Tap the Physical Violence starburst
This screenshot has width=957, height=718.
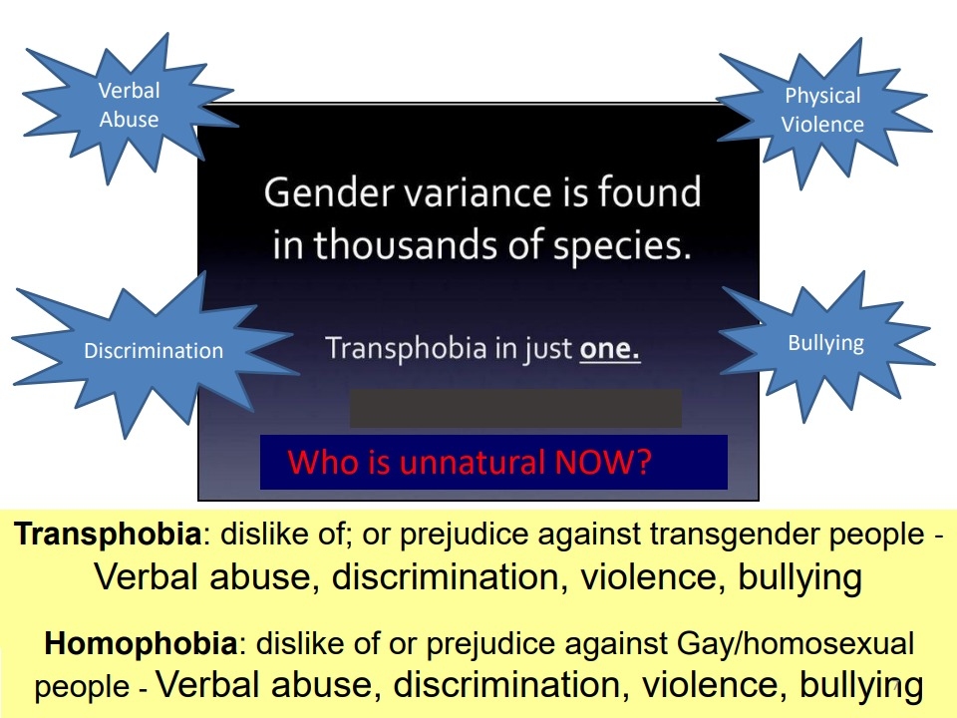[x=822, y=111]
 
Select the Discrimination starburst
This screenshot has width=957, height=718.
[x=153, y=351]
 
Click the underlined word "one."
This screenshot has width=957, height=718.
[x=610, y=349]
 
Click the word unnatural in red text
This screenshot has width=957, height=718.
[x=473, y=462]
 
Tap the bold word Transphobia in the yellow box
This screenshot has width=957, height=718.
[x=108, y=535]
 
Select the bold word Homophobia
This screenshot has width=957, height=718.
[x=141, y=643]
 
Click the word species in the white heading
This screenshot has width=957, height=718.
[x=622, y=246]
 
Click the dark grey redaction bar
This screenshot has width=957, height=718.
[x=515, y=408]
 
